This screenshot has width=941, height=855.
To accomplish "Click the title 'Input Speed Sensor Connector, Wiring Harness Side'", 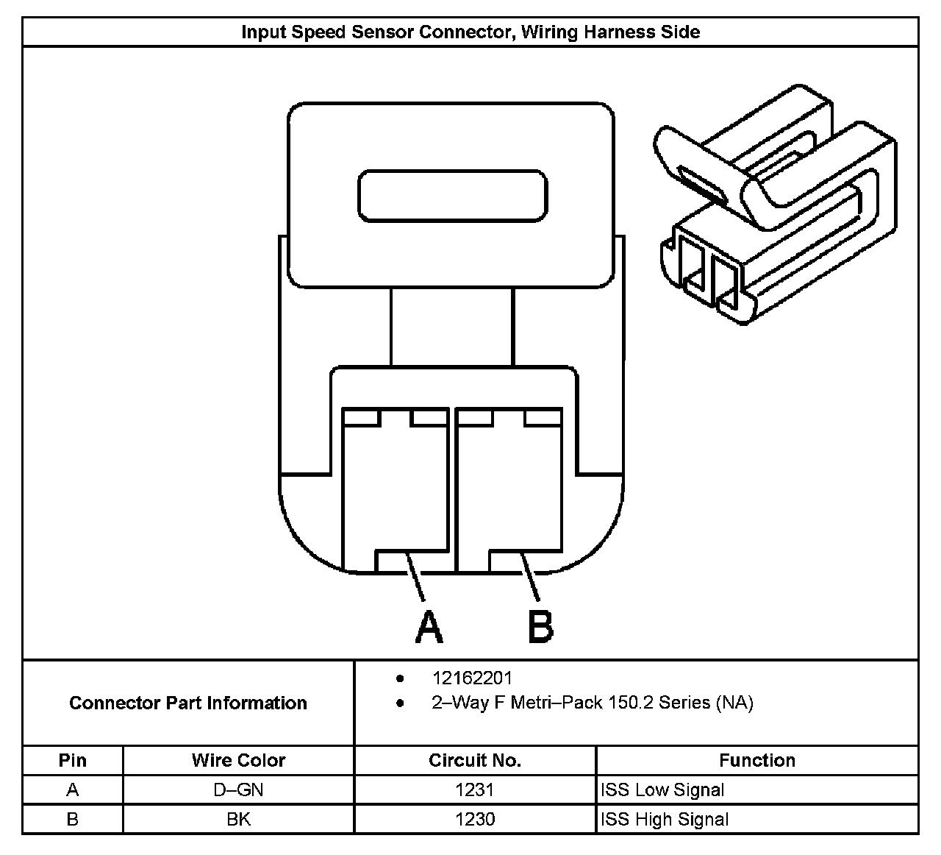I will coord(470,32).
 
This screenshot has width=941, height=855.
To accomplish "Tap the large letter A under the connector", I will coord(429,626).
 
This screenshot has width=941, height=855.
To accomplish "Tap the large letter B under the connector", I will coord(540,626).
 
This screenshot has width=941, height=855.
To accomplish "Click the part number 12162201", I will coord(472,678).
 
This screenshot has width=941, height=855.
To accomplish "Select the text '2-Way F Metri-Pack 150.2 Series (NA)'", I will coord(592,703).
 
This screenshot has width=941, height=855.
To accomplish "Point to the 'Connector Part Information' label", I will coord(188,703).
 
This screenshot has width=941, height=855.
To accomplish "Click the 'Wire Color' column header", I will coord(238,760).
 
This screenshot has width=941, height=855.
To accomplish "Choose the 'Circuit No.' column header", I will coord(475,760).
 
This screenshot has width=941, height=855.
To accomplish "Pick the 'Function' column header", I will coord(757,760).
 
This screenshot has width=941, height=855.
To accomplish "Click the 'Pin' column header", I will coord(72,760).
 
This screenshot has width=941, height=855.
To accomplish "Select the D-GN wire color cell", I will coord(238,790).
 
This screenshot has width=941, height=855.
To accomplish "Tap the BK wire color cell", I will coord(238,819).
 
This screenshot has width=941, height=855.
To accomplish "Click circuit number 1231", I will coord(475,790).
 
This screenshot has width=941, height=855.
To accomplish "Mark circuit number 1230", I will coord(475,819).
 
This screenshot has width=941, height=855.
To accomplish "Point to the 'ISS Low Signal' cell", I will coord(662,790).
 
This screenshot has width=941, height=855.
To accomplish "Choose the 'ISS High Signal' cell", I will coord(665,819).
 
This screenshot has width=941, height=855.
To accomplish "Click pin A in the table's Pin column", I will coord(72,790).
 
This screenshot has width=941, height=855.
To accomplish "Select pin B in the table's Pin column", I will coord(72,819).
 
